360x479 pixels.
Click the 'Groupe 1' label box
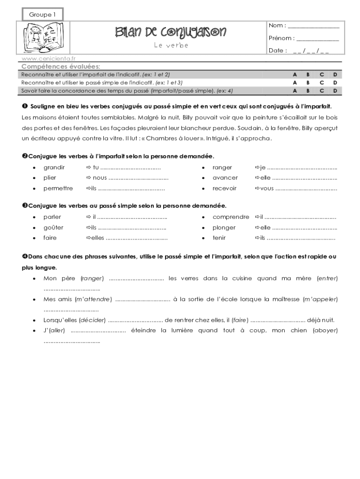click(x=43, y=15)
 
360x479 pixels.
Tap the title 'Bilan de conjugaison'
click(x=171, y=32)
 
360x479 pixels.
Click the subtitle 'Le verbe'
click(x=171, y=45)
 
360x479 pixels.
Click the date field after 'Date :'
click(x=311, y=51)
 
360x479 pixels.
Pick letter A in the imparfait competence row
click(x=295, y=74)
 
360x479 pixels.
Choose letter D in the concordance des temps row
click(x=335, y=90)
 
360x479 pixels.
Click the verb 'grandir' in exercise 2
click(x=54, y=167)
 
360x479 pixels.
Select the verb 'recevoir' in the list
click(x=224, y=189)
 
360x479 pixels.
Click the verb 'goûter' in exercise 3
click(x=53, y=228)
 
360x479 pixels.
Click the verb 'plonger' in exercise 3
click(x=224, y=228)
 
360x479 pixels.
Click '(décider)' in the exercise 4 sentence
click(x=93, y=320)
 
